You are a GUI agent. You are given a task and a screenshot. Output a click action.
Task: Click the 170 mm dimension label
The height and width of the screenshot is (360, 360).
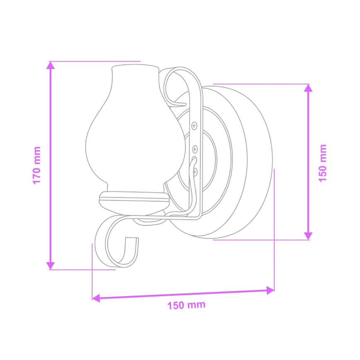point(37,165)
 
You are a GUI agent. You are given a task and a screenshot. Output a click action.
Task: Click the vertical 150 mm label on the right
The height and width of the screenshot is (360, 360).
point(323,162)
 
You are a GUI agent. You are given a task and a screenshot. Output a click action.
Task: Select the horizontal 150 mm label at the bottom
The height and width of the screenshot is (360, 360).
point(186,305)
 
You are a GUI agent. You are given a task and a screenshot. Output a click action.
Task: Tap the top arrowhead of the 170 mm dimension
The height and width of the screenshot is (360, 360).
point(51,66)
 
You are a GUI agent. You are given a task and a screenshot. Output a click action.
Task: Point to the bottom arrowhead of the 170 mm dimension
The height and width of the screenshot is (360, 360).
point(51,265)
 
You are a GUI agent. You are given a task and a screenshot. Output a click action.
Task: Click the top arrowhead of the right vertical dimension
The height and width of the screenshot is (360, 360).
point(307,88)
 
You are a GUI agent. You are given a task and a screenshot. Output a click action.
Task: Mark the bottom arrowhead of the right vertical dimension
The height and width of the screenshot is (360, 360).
point(307,235)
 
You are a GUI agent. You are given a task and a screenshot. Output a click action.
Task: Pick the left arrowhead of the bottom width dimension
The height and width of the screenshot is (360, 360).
point(96,297)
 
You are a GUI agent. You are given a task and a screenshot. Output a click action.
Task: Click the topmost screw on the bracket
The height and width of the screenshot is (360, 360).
point(194,125)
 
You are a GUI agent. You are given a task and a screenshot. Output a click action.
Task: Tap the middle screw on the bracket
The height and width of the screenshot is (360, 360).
point(195,148)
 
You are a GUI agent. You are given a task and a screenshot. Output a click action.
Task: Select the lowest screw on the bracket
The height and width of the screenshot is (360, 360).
point(195,171)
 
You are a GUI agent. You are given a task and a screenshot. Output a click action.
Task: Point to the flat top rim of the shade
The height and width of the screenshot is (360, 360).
point(135,67)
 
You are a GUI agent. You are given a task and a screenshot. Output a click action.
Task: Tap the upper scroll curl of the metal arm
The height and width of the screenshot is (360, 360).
point(174,81)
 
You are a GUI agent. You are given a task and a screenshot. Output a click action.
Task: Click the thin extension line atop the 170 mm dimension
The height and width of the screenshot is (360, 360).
point(95,61)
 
